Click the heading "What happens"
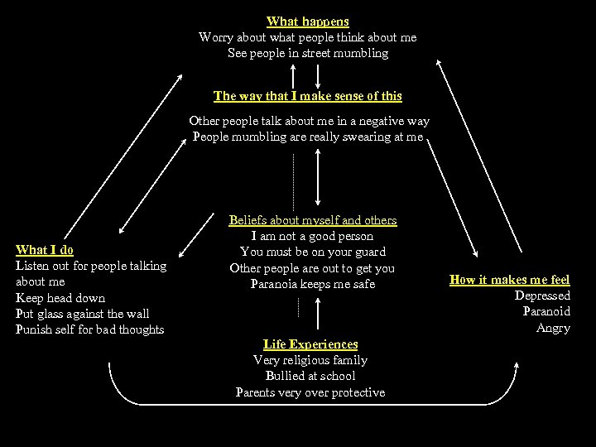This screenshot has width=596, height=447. [307, 22]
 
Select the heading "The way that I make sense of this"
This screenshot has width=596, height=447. [307, 96]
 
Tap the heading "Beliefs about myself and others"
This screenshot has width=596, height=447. [312, 220]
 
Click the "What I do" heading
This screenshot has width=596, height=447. [45, 250]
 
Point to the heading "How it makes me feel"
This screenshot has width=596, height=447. [509, 280]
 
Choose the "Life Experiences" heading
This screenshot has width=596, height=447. [310, 344]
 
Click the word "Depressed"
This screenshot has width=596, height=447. [542, 296]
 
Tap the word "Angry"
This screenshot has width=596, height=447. [553, 328]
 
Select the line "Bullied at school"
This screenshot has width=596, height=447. [310, 376]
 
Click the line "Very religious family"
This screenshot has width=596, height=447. [310, 360]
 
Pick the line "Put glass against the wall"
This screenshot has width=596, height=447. [82, 313]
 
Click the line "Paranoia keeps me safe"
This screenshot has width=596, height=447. [313, 284]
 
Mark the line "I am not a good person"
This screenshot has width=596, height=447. [312, 236]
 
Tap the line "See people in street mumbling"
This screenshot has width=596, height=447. [307, 53]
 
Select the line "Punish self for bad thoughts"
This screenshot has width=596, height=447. [90, 329]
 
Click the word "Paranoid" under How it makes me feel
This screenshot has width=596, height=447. [546, 311]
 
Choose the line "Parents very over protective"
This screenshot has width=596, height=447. [310, 392]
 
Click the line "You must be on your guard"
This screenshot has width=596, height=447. [312, 252]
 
